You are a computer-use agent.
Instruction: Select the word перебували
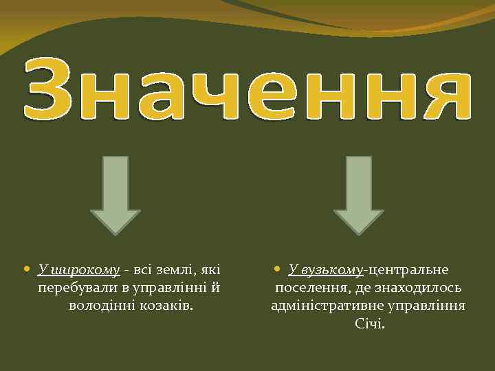click(72, 286)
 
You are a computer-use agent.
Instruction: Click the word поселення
click(307, 286)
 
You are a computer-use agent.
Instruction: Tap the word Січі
click(370, 323)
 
